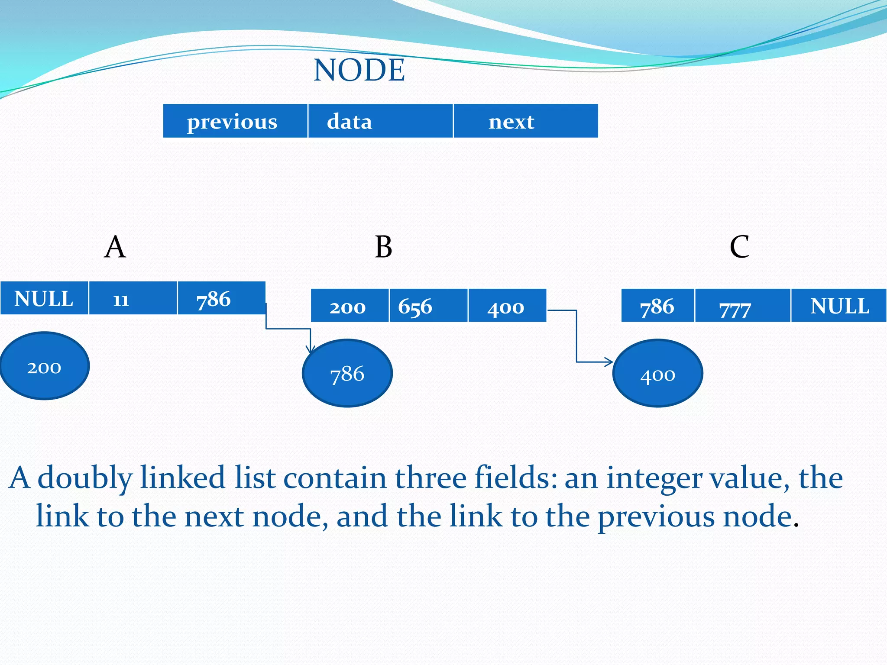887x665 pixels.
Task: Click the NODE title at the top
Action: coord(359,70)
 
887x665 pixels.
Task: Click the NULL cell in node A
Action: coord(44,298)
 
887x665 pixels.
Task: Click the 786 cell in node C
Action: coord(657,306)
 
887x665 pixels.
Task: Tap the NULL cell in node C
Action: coord(838,306)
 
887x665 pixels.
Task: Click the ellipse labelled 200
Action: coord(45,366)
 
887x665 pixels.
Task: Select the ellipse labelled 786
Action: coord(347,373)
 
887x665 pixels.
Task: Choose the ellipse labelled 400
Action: coord(657,373)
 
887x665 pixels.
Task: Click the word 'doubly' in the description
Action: coord(85,478)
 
